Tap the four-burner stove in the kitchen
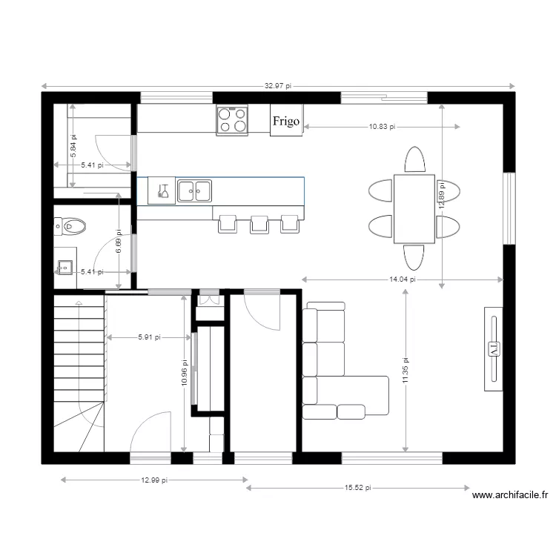coord(232,120)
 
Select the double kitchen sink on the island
coord(193,191)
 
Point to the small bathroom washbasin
coord(64,265)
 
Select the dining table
coord(414,208)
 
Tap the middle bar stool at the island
coord(259,224)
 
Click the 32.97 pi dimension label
coord(278,86)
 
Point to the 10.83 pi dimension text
coord(382,128)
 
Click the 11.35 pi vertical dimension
coord(406,371)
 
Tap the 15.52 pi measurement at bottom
coord(358,488)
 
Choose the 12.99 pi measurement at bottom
coord(153,480)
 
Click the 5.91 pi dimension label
coord(149,337)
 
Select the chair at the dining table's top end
coord(414,159)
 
